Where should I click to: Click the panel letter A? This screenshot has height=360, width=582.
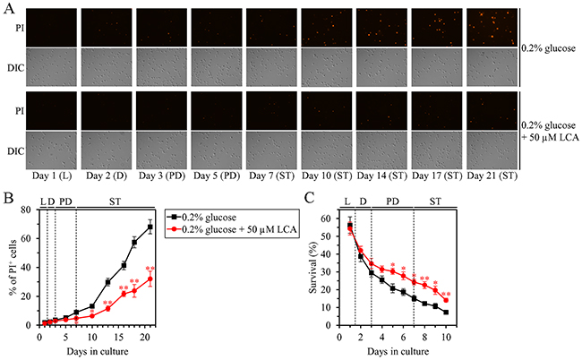[x=7, y=6]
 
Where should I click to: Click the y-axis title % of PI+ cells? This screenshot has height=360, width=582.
[x=13, y=270]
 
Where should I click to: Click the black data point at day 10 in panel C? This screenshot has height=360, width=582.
[x=445, y=312]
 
